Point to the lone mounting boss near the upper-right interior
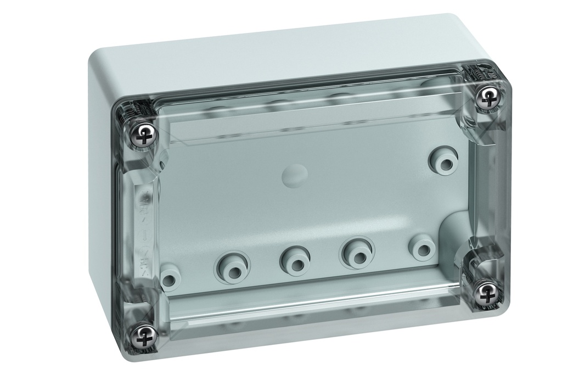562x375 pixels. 443,159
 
